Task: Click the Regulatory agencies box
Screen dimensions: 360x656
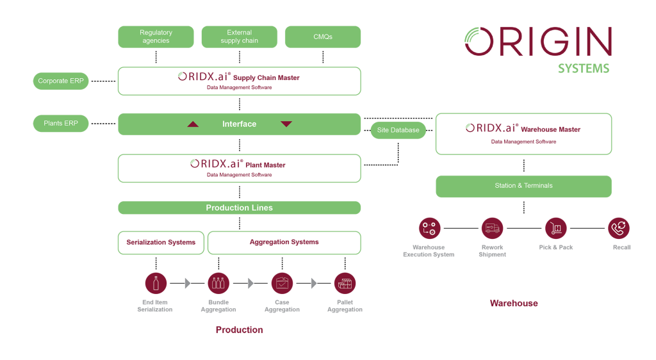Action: tap(156, 37)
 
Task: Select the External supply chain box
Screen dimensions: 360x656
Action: tap(240, 37)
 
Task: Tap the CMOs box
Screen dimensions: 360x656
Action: tap(323, 37)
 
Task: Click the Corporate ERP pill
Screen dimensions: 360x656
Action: tap(61, 81)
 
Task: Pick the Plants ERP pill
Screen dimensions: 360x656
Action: tap(61, 123)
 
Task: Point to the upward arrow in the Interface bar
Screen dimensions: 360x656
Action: tap(193, 124)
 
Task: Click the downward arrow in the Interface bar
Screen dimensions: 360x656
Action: tap(286, 124)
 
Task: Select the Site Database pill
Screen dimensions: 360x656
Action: tap(398, 130)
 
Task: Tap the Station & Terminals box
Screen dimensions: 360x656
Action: tap(523, 186)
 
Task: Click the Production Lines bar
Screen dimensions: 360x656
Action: tap(239, 208)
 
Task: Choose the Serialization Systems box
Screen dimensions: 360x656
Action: tap(161, 243)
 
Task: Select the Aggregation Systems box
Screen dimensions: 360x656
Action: tap(284, 243)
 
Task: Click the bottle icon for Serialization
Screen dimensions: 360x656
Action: tap(156, 283)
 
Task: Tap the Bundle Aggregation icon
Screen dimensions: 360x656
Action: tap(218, 283)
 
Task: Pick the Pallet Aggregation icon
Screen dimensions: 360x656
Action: tap(345, 283)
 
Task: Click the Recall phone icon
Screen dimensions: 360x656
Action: tap(619, 228)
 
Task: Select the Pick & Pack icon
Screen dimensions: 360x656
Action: tap(556, 228)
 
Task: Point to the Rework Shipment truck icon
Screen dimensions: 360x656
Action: tap(492, 228)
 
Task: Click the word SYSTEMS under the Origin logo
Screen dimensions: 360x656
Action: tap(583, 68)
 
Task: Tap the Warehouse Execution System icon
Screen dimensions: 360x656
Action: tap(429, 228)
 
